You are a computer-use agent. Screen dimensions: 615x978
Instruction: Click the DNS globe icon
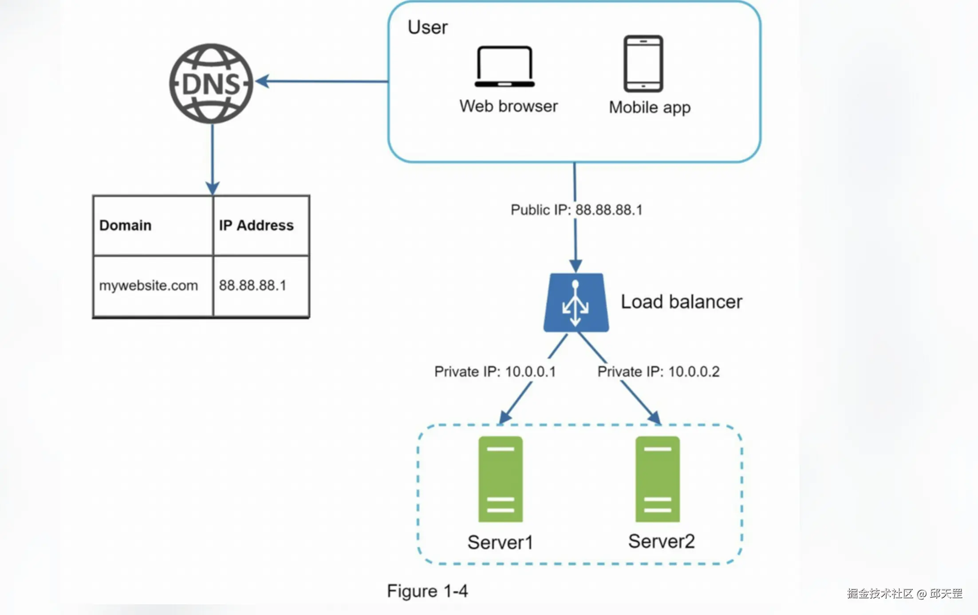[211, 83]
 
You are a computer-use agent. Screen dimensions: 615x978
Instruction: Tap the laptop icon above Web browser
[505, 67]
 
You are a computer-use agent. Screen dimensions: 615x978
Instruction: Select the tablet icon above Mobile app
[643, 63]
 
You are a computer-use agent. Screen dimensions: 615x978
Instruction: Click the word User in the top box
[427, 28]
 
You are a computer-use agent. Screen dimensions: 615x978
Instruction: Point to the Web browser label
[509, 106]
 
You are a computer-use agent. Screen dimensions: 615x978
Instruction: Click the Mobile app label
[650, 107]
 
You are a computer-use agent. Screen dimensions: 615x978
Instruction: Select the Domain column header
[126, 225]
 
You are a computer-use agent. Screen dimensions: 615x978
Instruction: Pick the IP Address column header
[256, 225]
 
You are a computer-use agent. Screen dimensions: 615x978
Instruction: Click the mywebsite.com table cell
[148, 285]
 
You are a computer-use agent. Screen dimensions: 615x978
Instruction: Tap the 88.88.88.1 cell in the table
[252, 285]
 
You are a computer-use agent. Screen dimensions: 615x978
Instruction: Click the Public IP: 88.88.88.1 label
[576, 210]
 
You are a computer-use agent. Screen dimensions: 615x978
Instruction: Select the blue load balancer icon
[576, 303]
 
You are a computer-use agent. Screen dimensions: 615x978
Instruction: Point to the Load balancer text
[681, 302]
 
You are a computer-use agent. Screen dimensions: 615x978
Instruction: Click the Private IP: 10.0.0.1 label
[495, 371]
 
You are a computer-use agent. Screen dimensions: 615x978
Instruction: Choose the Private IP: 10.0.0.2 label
[659, 371]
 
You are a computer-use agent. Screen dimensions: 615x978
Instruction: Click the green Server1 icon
[501, 479]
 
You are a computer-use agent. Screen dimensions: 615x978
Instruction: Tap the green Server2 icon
[657, 479]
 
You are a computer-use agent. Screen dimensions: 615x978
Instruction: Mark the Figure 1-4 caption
[427, 591]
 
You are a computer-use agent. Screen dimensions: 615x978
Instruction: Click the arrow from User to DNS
[322, 81]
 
